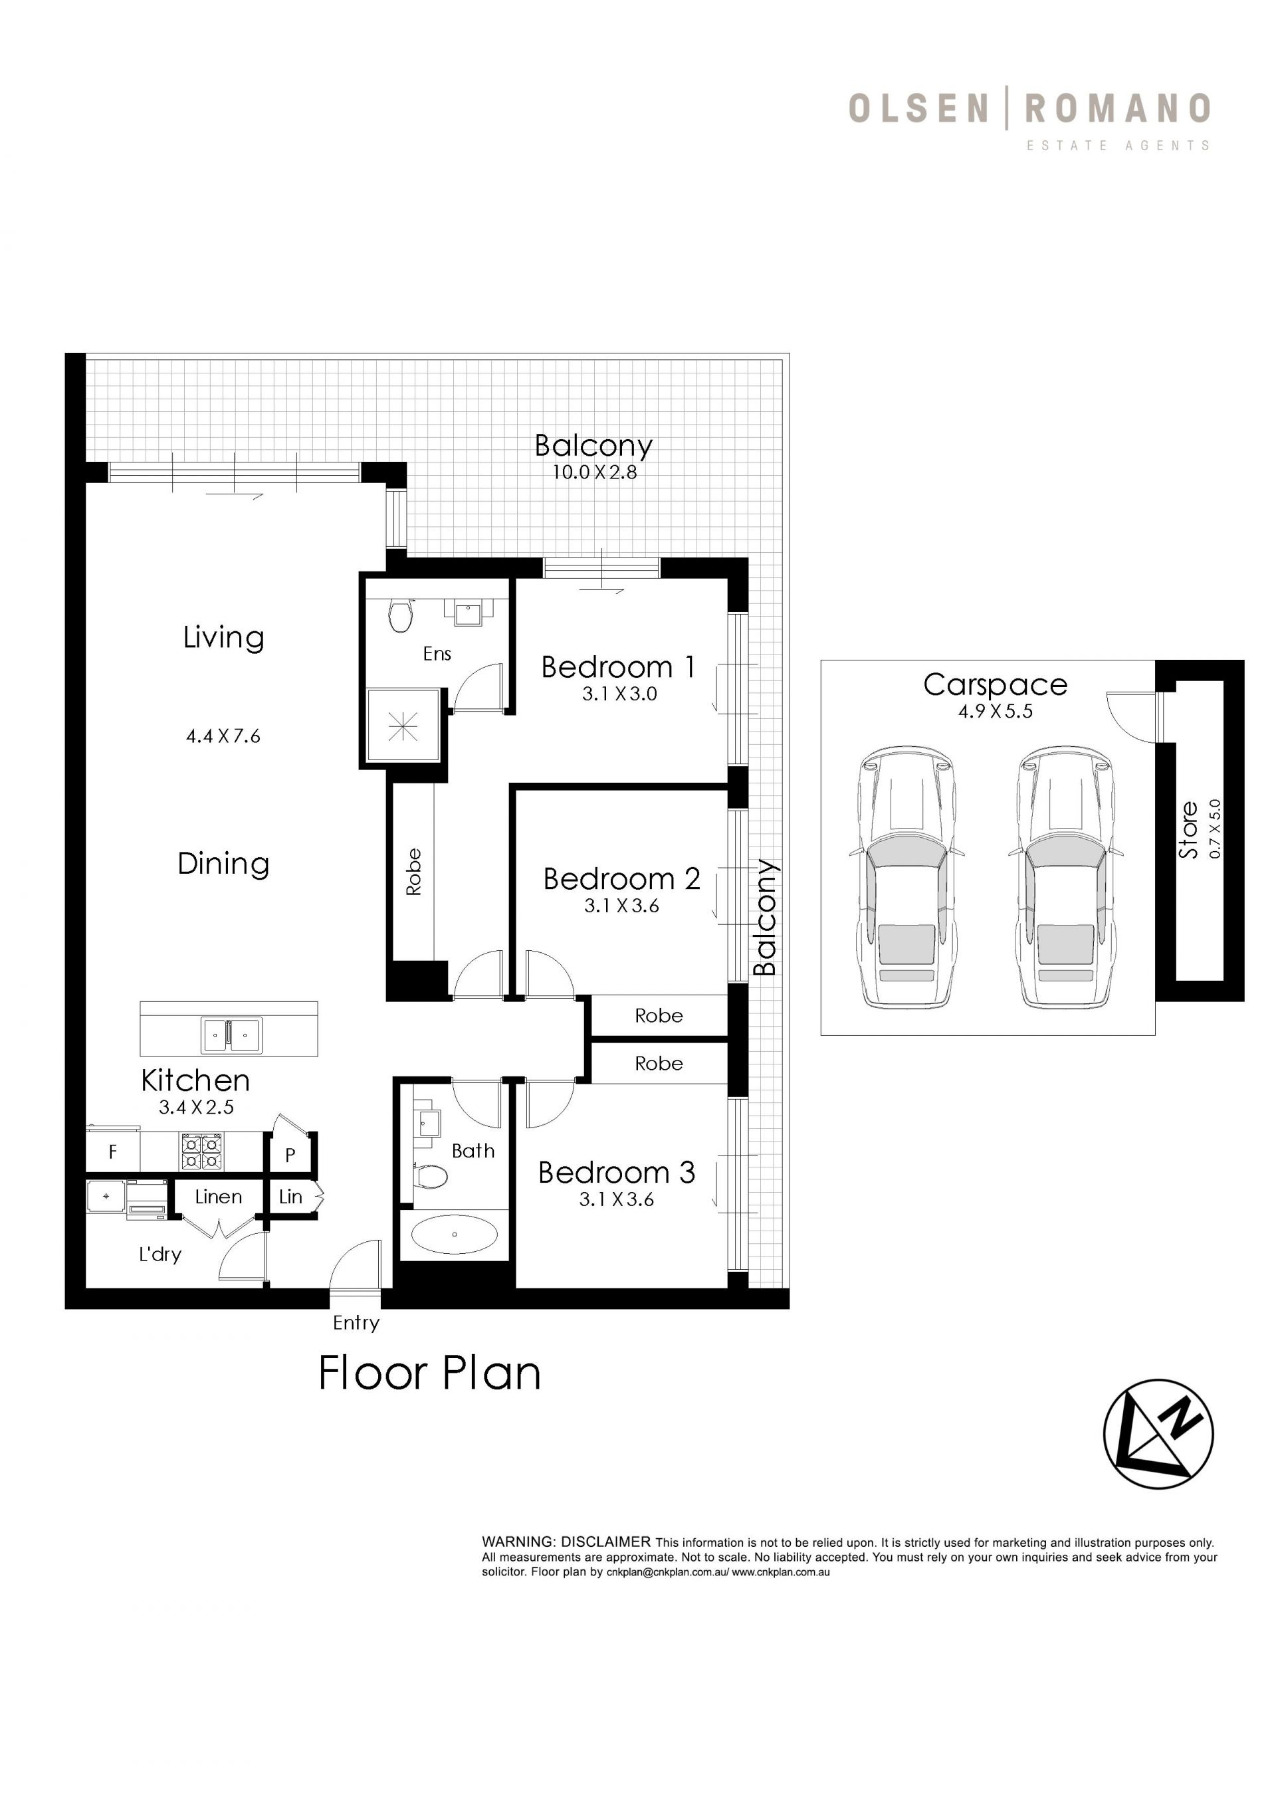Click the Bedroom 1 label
pyautogui.click(x=618, y=667)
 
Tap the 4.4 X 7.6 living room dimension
pyautogui.click(x=223, y=736)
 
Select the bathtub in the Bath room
pyautogui.click(x=455, y=1234)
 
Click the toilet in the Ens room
pyautogui.click(x=401, y=615)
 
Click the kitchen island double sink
pyautogui.click(x=231, y=1035)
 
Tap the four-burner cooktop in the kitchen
pyautogui.click(x=202, y=1152)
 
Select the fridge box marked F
pyautogui.click(x=113, y=1152)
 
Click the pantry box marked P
pyautogui.click(x=290, y=1154)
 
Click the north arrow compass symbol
pyautogui.click(x=1158, y=1434)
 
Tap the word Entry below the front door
pyautogui.click(x=356, y=1323)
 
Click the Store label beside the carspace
pyautogui.click(x=1188, y=830)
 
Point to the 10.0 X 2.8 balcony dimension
pyautogui.click(x=594, y=472)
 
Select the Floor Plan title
pyautogui.click(x=430, y=1373)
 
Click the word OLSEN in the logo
pyautogui.click(x=918, y=108)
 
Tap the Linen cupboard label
pyautogui.click(x=219, y=1197)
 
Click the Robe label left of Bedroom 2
pyautogui.click(x=413, y=872)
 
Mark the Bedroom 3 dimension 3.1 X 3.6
pyautogui.click(x=617, y=1199)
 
